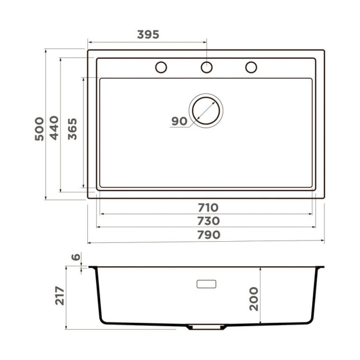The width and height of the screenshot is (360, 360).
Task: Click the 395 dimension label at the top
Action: [148, 34]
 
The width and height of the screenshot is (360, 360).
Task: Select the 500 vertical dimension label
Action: [39, 129]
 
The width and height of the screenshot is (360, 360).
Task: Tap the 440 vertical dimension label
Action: [54, 128]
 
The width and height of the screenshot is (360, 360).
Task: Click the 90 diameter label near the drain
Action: [179, 121]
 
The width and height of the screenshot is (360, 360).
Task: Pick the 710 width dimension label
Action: [207, 207]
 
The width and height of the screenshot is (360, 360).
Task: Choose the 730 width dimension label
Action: [207, 221]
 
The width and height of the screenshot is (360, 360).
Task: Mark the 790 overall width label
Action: [207, 235]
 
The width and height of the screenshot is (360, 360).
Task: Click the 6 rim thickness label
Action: [75, 257]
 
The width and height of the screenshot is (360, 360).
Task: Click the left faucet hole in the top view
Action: [161, 67]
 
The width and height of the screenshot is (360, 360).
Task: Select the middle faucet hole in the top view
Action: [206, 67]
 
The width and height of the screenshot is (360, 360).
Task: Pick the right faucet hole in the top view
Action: [251, 67]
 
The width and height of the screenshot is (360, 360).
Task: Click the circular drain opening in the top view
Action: [206, 110]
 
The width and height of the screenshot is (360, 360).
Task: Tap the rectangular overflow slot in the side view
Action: [206, 284]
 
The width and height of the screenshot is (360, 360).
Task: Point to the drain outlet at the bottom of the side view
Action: [206, 327]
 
